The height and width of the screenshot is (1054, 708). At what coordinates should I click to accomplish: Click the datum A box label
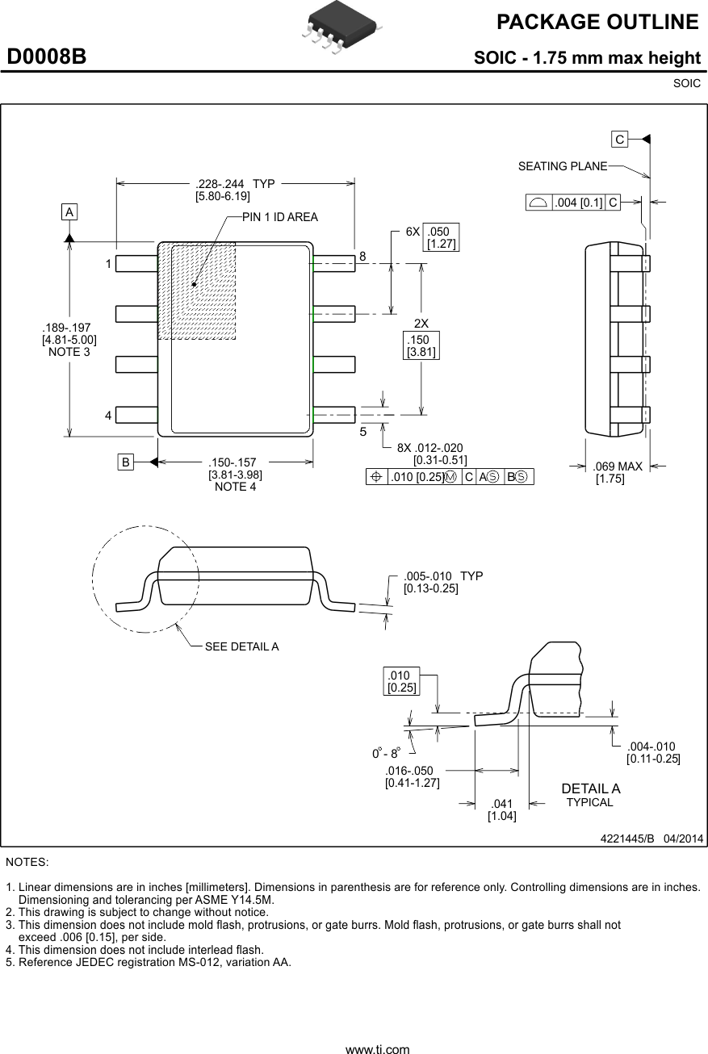[70, 211]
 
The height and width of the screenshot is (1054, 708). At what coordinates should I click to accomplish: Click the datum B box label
[125, 462]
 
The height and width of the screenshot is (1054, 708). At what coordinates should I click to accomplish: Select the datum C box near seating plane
[619, 140]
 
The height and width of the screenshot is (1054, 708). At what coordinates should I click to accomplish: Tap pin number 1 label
[107, 264]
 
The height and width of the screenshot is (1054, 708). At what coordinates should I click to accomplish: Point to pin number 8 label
[362, 257]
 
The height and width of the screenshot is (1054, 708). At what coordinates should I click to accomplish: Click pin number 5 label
[362, 432]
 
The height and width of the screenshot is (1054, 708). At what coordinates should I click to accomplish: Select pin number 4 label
[107, 416]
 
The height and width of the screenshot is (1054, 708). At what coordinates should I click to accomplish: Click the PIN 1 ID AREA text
[279, 217]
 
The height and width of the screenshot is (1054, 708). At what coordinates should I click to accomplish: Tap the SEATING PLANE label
[562, 166]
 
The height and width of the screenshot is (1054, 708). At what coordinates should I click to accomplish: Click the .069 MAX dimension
[618, 466]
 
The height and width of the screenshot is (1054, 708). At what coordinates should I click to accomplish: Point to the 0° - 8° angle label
[386, 753]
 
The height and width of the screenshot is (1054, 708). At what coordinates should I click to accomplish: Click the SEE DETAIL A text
[241, 646]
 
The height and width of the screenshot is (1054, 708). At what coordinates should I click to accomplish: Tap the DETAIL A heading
[590, 788]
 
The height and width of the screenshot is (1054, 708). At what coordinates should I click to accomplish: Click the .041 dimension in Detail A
[502, 804]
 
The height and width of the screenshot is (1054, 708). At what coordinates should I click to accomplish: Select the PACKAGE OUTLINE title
[597, 23]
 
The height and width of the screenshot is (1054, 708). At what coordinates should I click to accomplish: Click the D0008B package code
[47, 57]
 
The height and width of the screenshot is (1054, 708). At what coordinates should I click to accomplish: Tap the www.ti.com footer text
[377, 1049]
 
